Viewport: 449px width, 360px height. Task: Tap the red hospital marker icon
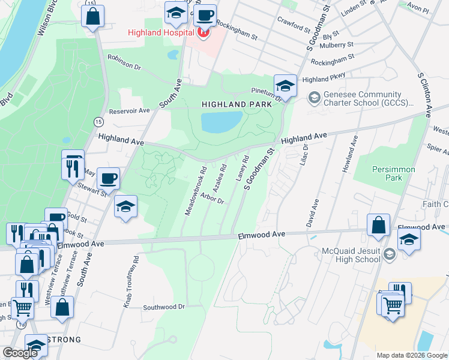(202, 33)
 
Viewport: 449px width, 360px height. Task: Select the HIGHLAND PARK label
(232, 104)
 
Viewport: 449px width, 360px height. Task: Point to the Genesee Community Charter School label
(367, 98)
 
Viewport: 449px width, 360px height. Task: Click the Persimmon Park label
(393, 173)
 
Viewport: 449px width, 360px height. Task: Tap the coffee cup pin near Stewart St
(109, 178)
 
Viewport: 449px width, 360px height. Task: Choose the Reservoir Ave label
(129, 111)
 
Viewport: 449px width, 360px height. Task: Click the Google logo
(20, 353)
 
